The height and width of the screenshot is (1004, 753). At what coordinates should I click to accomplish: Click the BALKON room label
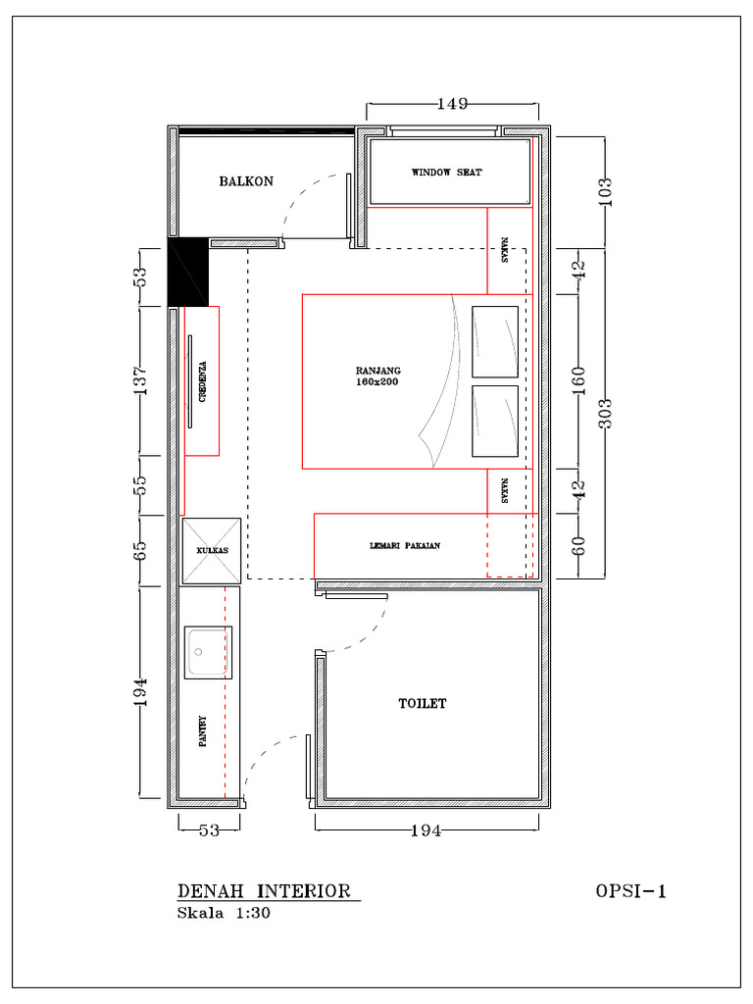[x=246, y=181]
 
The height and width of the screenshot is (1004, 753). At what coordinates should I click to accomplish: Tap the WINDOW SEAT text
[x=446, y=173]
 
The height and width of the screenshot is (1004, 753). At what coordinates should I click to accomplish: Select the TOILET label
[x=423, y=704]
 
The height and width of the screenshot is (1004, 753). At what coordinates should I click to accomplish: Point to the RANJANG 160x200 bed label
[x=377, y=376]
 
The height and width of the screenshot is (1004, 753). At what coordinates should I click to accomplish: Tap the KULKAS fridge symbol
[x=212, y=550]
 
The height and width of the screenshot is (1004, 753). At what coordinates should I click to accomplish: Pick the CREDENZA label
[x=203, y=381]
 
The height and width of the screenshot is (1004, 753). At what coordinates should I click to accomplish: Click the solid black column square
[x=188, y=272]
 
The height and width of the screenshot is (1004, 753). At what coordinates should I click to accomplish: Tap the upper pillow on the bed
[x=495, y=341]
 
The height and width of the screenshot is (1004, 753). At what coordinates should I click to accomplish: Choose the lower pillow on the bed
[x=495, y=421]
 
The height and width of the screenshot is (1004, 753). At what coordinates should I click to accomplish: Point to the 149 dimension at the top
[x=452, y=103]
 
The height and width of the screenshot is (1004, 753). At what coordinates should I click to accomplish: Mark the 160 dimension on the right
[x=578, y=377]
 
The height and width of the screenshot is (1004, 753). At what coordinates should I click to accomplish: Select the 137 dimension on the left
[x=140, y=380]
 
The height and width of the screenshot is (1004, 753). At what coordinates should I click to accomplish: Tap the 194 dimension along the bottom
[x=426, y=831]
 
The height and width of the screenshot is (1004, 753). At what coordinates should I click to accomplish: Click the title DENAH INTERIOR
[x=264, y=891]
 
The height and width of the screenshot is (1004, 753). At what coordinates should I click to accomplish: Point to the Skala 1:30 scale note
[x=223, y=913]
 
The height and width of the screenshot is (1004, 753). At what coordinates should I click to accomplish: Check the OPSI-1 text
[x=630, y=891]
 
